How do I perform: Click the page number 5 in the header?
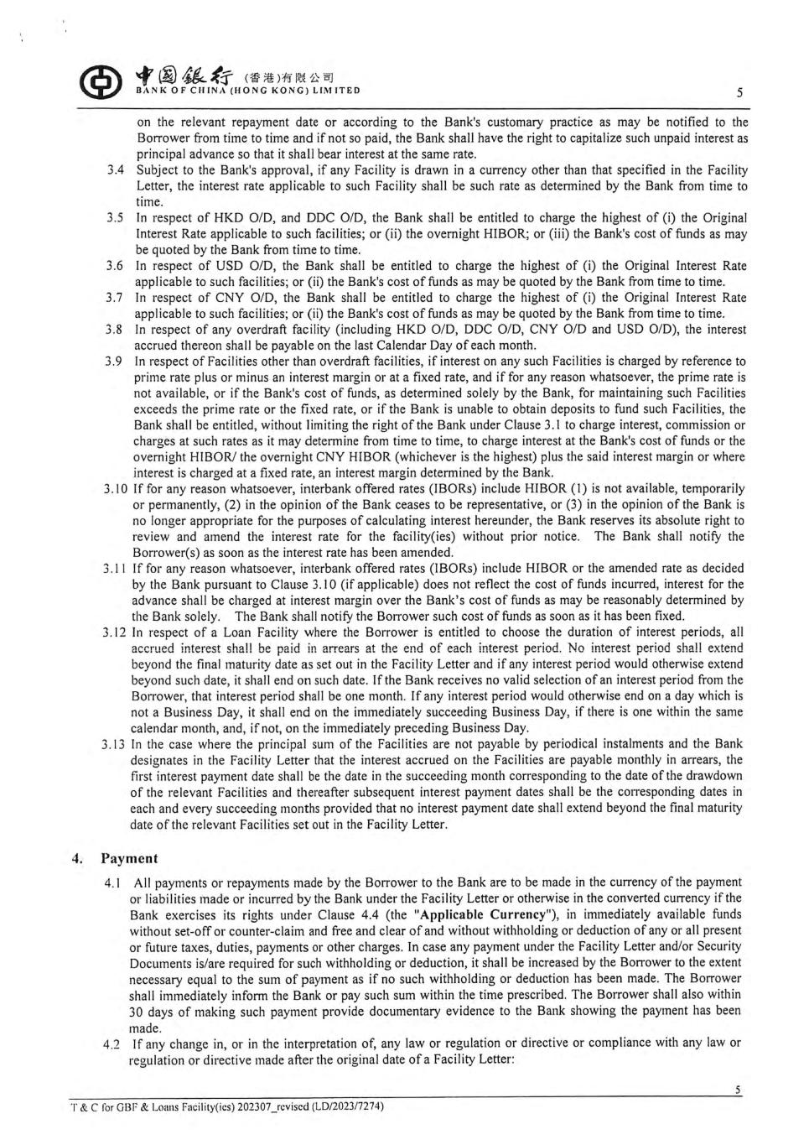click(739, 91)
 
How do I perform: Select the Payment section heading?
click(129, 858)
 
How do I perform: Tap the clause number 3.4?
click(116, 170)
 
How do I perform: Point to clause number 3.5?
click(116, 218)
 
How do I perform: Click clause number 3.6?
click(116, 266)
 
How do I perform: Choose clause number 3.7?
click(116, 298)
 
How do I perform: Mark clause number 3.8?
click(116, 330)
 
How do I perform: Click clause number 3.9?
click(116, 362)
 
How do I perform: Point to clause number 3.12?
click(115, 632)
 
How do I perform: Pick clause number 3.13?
click(115, 744)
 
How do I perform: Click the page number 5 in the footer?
click(737, 1090)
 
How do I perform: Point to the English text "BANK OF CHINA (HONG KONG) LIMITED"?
click(248, 91)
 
